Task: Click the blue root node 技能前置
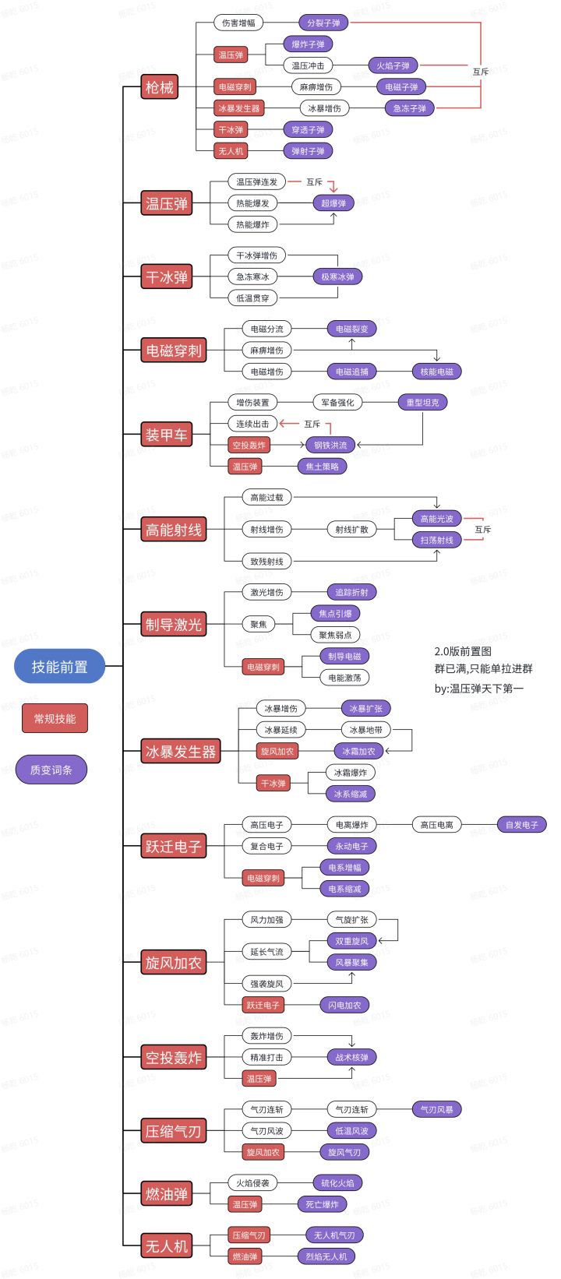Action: tap(59, 667)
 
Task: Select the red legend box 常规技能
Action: tap(55, 718)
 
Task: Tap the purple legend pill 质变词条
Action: tap(51, 770)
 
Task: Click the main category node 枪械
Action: tap(160, 87)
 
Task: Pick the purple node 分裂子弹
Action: tap(323, 23)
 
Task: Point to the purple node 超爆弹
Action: tap(333, 203)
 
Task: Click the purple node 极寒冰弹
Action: tap(337, 277)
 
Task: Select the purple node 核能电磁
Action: tap(436, 372)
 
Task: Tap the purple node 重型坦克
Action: tap(422, 403)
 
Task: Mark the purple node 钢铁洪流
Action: tap(330, 446)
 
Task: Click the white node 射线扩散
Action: tap(351, 530)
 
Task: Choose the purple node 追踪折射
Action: tap(351, 593)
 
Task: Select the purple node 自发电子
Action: tap(522, 825)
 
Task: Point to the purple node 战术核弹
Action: tap(351, 1058)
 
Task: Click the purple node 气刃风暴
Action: tap(436, 1109)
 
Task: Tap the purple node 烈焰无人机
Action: tap(326, 1256)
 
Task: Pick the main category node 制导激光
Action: tap(173, 625)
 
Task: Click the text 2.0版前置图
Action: tap(463, 651)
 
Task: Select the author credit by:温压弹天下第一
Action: tap(479, 688)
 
